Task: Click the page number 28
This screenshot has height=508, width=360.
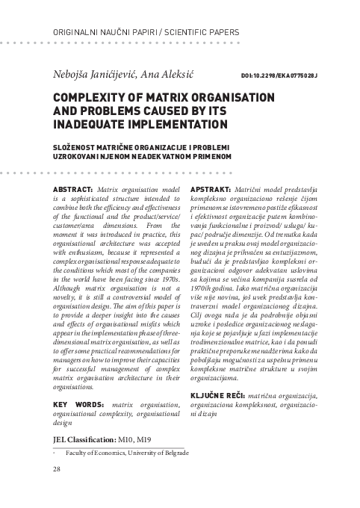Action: pyautogui.click(x=57, y=469)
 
